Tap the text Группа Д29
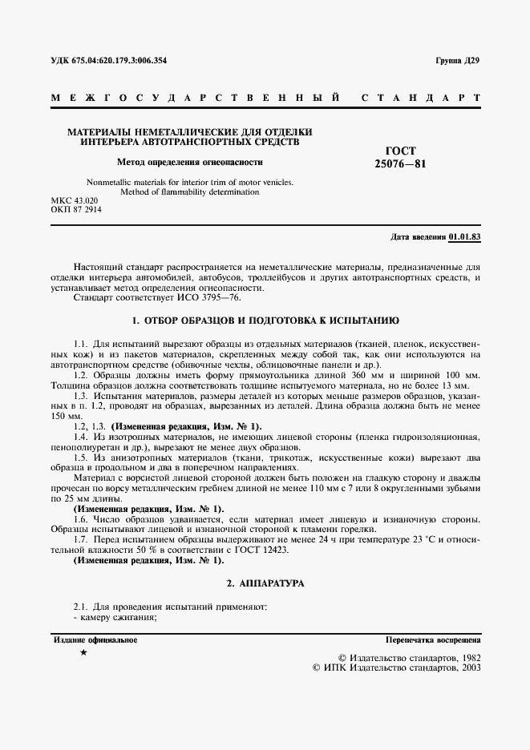tap(457, 61)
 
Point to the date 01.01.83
tap(465, 238)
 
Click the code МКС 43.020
tap(75, 200)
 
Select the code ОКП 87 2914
tap(77, 209)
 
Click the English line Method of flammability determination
tap(189, 192)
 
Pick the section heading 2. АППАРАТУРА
tap(265, 584)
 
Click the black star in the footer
tap(84, 654)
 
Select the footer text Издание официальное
tap(95, 640)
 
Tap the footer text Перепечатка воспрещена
tap(433, 641)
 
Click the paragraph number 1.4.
tap(80, 436)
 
